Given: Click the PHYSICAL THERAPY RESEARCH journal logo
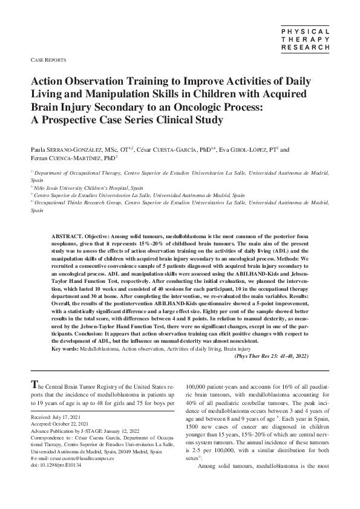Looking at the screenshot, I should point(306,38).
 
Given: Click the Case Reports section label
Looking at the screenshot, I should point(48,61).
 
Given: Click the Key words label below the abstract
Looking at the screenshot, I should point(66,349).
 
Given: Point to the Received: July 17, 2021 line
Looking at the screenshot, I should point(55,418).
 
